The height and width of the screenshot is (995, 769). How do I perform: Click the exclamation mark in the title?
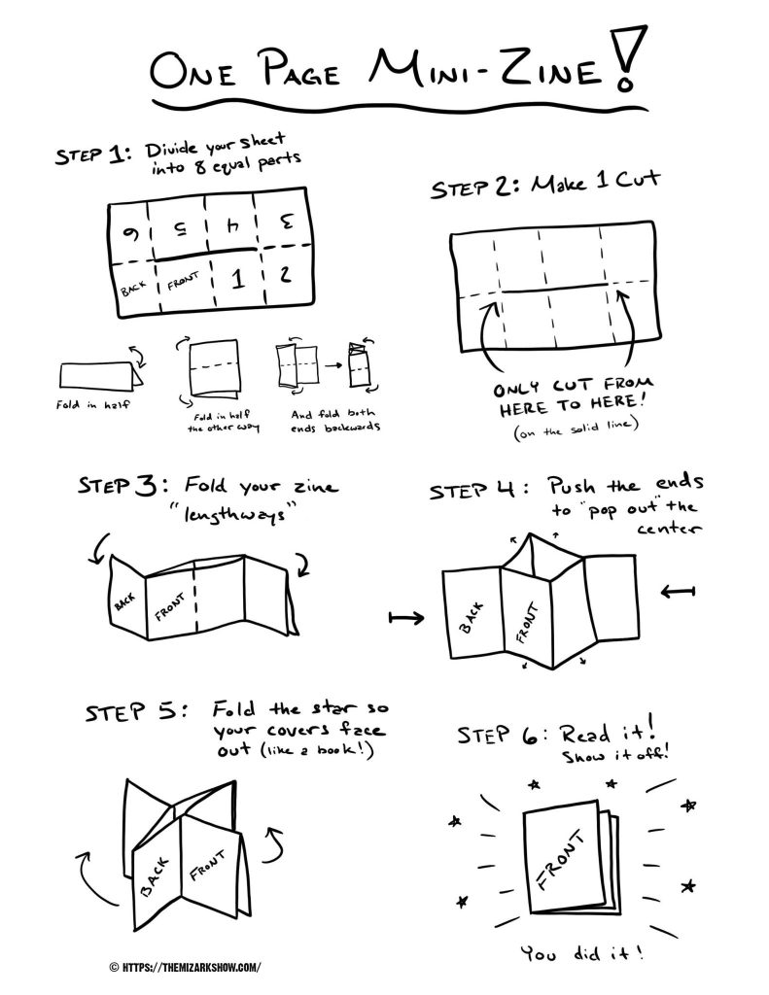click(x=629, y=58)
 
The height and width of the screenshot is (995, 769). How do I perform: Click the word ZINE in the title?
click(x=550, y=69)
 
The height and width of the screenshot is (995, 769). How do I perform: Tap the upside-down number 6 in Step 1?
click(x=132, y=233)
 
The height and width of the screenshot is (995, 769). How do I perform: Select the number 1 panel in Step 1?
click(x=237, y=278)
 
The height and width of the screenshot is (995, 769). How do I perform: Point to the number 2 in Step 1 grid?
click(x=285, y=273)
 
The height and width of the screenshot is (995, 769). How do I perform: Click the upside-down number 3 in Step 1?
click(x=287, y=223)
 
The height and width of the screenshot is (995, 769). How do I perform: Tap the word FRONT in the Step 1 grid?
click(x=183, y=281)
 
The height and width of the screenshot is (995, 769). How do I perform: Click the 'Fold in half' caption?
click(x=92, y=403)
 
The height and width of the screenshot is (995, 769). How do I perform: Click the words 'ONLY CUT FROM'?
click(x=573, y=385)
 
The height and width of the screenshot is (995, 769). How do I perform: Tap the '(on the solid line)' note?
click(x=576, y=429)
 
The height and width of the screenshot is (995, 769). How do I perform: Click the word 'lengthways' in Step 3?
click(x=235, y=513)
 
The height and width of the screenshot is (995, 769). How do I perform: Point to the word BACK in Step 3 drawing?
click(x=125, y=601)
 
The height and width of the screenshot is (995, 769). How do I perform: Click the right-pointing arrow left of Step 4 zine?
click(x=406, y=617)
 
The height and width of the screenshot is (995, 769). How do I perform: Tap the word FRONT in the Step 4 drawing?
click(x=527, y=623)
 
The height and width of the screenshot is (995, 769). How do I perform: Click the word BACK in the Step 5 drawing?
click(x=155, y=877)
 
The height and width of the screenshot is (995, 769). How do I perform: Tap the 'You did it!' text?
click(x=582, y=952)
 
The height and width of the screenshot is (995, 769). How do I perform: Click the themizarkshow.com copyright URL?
click(x=185, y=967)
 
